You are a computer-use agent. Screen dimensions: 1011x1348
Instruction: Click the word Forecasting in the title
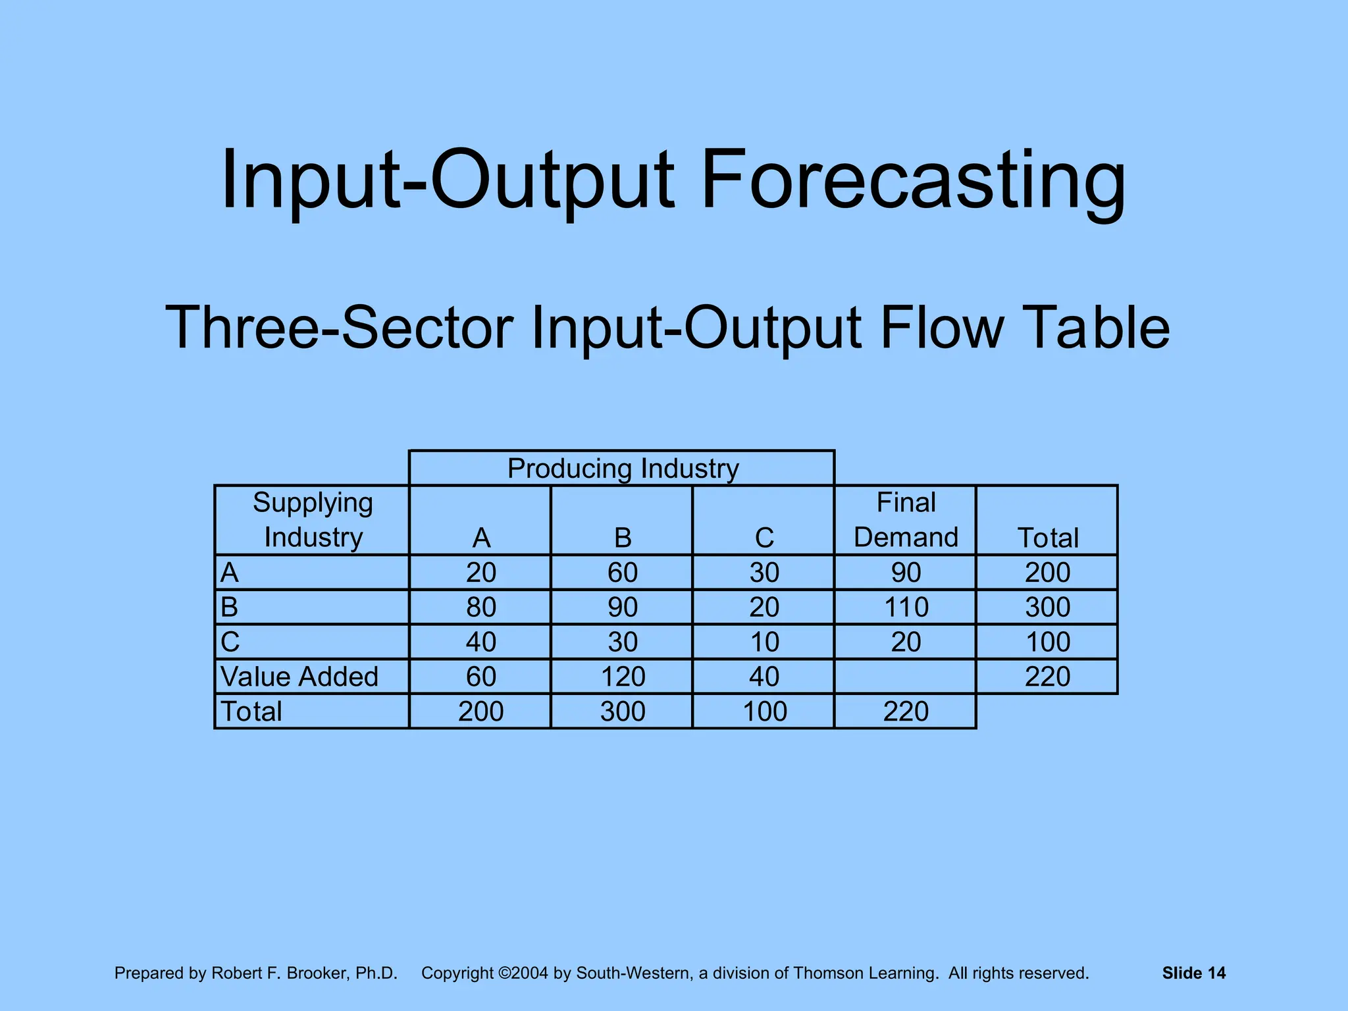(x=914, y=180)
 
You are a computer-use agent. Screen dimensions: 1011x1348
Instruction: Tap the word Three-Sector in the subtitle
(x=339, y=327)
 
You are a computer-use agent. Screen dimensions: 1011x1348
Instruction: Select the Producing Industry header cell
(x=623, y=469)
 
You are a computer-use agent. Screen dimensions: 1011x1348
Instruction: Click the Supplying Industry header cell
(x=313, y=520)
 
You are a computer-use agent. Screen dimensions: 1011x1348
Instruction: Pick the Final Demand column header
(x=906, y=520)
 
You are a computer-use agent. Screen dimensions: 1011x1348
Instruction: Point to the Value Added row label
(x=299, y=677)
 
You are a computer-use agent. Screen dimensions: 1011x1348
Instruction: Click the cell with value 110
(x=906, y=607)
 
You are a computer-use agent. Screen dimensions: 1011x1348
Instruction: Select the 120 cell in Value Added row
(x=623, y=677)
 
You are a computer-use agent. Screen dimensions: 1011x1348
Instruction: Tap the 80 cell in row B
(x=481, y=607)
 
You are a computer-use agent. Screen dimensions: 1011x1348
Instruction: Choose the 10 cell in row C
(x=764, y=642)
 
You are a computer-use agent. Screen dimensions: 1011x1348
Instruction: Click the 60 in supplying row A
(x=623, y=573)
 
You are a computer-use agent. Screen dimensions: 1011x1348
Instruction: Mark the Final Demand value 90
(x=906, y=573)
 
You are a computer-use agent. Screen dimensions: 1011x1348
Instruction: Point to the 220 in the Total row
(x=906, y=712)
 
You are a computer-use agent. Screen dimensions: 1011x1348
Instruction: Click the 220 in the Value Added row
(x=1047, y=677)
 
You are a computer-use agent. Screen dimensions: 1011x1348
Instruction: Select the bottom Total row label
(x=251, y=712)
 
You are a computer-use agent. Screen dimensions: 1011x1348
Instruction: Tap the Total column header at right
(x=1048, y=538)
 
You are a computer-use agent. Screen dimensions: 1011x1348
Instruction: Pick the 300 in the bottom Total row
(x=623, y=712)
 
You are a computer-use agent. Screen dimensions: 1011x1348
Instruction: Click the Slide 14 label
(x=1193, y=973)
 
